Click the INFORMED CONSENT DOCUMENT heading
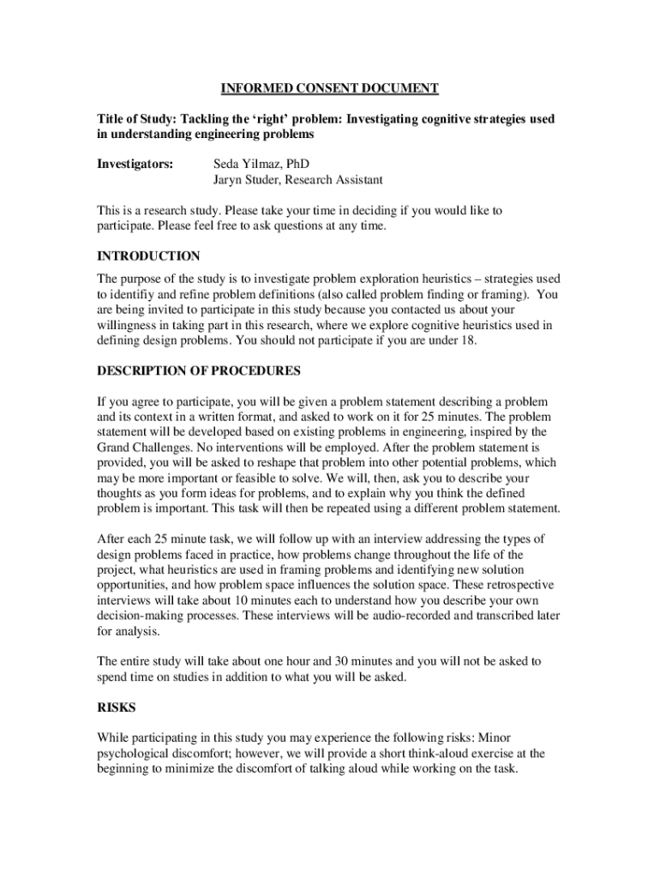pos(330,88)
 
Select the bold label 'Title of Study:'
pos(137,119)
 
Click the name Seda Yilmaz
pos(249,164)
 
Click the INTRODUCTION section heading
pos(148,256)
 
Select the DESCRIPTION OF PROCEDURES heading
pos(199,371)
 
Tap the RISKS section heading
pos(117,709)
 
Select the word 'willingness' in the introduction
pos(129,326)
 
